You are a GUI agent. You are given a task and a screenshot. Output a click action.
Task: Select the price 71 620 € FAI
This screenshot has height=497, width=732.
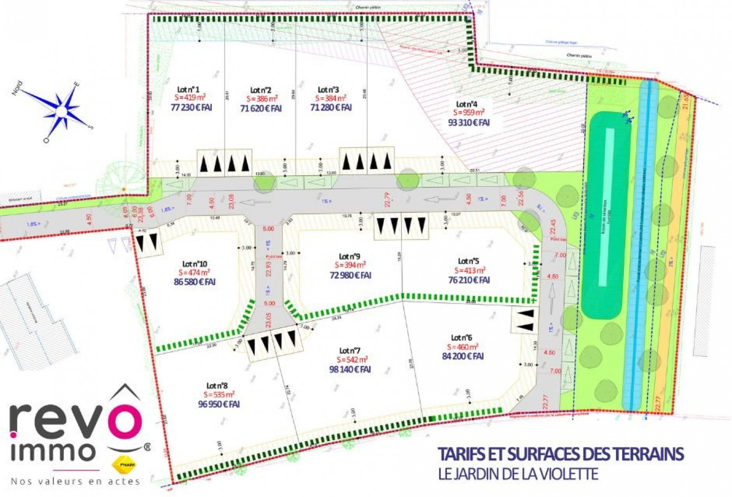tap(261, 108)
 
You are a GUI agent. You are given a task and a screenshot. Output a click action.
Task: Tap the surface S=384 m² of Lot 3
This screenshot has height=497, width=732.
tap(331, 98)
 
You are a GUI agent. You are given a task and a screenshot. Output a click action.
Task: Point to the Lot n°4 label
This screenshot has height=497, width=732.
tap(467, 104)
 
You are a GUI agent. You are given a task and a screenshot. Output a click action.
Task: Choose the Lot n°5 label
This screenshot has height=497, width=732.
tap(468, 261)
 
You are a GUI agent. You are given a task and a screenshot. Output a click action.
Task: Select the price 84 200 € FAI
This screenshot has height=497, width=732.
tap(463, 356)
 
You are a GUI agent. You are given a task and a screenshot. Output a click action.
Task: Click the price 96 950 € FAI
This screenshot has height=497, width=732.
tap(219, 404)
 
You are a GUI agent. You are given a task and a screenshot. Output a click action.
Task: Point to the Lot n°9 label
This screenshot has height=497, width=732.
tap(349, 256)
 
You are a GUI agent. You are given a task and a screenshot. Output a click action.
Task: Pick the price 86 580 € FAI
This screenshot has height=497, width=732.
tap(195, 281)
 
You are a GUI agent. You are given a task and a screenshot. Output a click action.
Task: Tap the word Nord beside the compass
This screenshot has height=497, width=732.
tap(17, 88)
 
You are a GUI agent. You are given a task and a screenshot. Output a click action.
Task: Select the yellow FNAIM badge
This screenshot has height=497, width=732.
tap(123, 464)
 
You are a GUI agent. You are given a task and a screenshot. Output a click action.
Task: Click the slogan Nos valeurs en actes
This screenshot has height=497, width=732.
tap(75, 481)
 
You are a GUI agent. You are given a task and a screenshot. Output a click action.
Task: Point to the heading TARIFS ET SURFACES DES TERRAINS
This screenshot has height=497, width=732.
tap(561, 454)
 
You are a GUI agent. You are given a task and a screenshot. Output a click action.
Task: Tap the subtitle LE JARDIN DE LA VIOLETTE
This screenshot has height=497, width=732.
tap(518, 474)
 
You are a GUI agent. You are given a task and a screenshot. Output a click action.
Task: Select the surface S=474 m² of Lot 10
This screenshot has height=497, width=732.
tap(194, 273)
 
